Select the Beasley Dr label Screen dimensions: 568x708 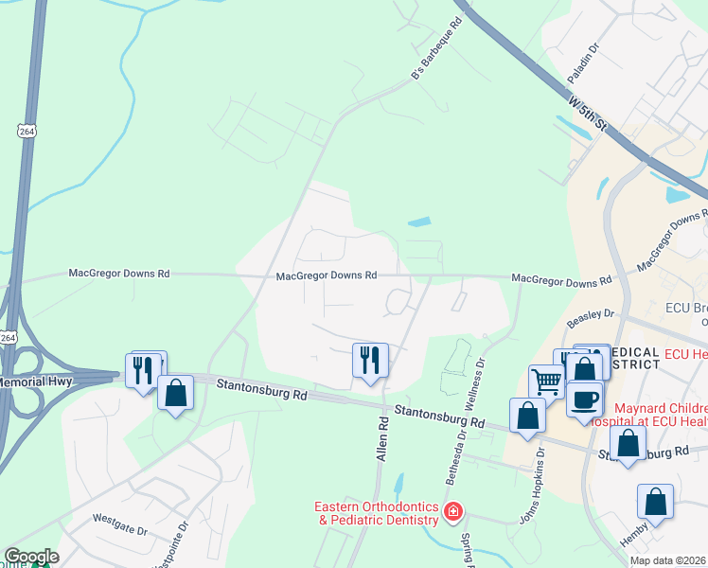click(x=591, y=318)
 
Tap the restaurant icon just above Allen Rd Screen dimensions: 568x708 click(x=370, y=359)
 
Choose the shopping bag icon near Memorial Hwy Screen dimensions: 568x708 click(x=175, y=392)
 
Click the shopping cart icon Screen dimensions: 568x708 click(x=546, y=382)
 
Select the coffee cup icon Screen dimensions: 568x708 click(x=585, y=399)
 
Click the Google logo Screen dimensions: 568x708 click(x=31, y=557)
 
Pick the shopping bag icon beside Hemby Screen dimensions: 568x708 click(x=655, y=501)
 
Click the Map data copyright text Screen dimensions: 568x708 click(x=666, y=561)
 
